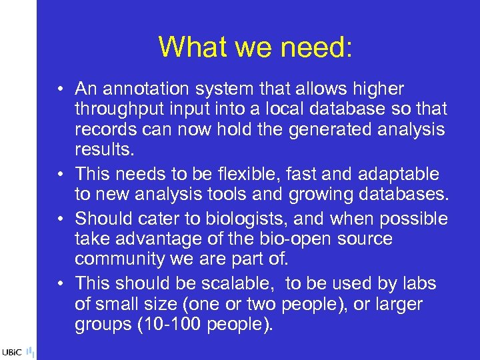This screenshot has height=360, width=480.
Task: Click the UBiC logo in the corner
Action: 17,351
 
